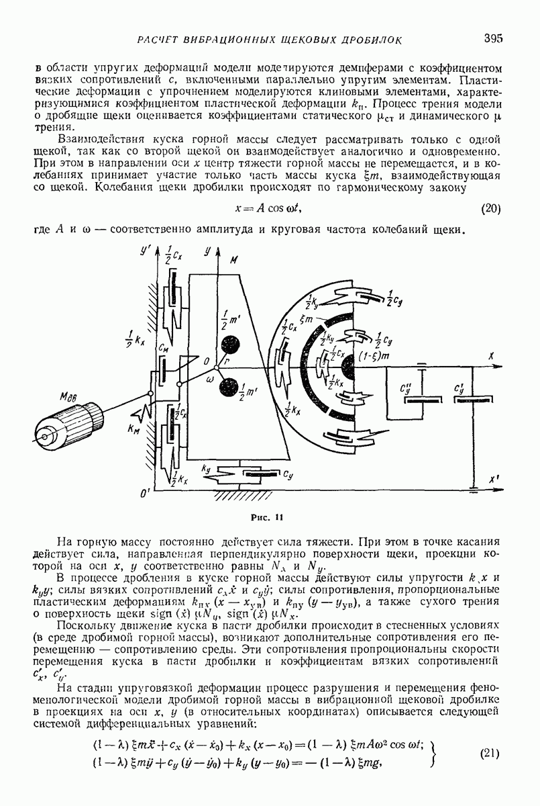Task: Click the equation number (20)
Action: (491, 208)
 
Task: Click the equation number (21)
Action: (491, 753)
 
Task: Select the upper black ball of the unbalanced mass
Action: (232, 345)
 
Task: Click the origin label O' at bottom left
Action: (142, 494)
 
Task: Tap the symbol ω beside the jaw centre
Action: (209, 379)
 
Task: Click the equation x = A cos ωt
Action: (272, 208)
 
